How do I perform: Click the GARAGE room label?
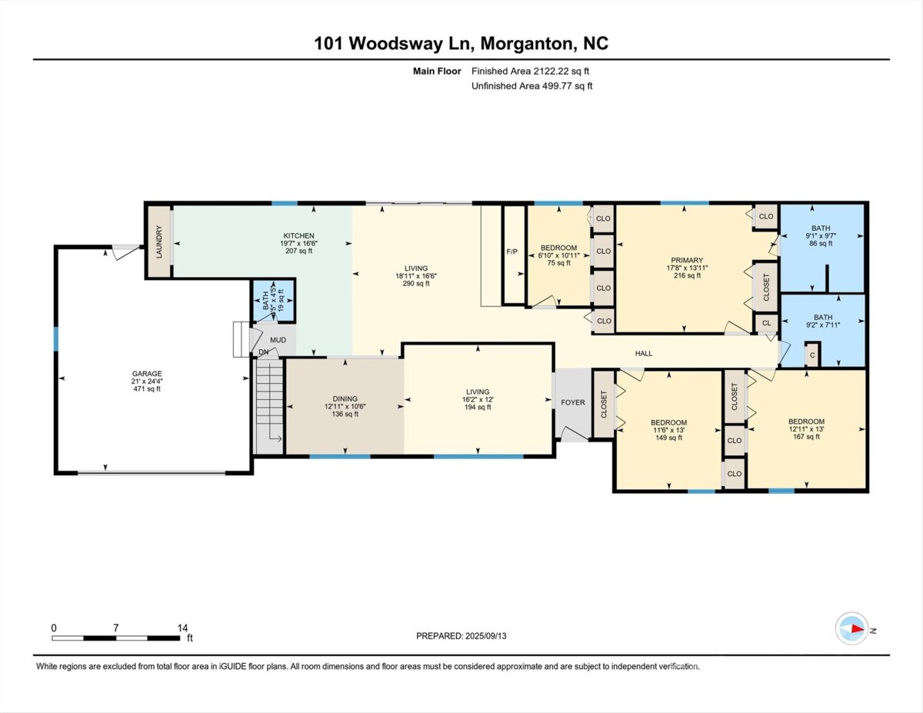(147, 374)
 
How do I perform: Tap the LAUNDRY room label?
(159, 242)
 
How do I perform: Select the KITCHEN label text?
(299, 235)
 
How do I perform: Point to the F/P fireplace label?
(512, 252)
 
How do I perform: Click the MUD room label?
(278, 340)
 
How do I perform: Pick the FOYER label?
(573, 402)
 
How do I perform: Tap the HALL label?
(644, 353)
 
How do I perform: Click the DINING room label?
(345, 398)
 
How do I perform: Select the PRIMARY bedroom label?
(688, 260)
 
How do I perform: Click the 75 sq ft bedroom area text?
(559, 263)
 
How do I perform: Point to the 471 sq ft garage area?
(147, 389)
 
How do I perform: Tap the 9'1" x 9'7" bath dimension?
(821, 235)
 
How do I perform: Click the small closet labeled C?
(812, 355)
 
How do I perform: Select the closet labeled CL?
(766, 323)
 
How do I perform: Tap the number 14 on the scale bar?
(182, 628)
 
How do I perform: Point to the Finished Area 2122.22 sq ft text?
(530, 72)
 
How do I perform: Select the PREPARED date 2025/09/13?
(486, 636)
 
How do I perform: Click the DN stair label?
(264, 352)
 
